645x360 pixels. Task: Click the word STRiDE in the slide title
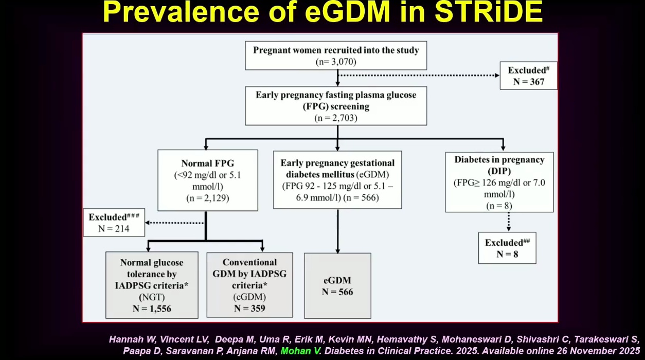point(489,13)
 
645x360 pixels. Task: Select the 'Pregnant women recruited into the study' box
point(336,56)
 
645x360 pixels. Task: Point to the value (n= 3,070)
point(336,62)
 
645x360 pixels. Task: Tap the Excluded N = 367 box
point(528,76)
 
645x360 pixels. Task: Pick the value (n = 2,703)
point(336,118)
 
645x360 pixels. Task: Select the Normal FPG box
point(207,180)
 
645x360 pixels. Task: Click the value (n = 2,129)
point(207,197)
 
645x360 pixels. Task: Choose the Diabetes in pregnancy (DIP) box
point(499,182)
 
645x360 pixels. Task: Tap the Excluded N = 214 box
point(114,222)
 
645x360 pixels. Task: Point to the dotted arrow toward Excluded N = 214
point(175,223)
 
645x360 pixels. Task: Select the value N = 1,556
point(152,309)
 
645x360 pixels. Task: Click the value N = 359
point(249,309)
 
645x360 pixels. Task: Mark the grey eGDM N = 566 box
point(337,286)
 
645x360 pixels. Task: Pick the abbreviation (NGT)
point(152,298)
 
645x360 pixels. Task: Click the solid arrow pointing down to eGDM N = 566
point(337,231)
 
